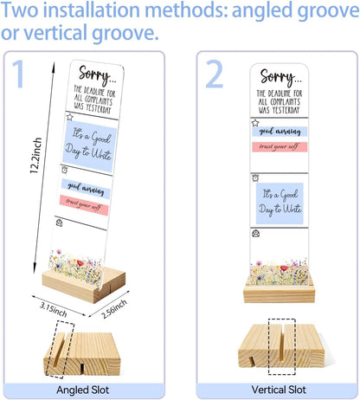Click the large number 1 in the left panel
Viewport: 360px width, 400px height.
(18, 74)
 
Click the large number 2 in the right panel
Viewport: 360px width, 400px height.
(215, 74)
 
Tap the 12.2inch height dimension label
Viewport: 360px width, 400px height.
(36, 155)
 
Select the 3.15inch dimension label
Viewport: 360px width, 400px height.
(54, 309)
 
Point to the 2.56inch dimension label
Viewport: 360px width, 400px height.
(114, 308)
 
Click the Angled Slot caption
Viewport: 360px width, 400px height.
(83, 390)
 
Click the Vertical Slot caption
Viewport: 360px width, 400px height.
(279, 390)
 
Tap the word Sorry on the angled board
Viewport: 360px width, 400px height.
(95, 75)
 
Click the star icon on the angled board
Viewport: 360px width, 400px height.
(69, 117)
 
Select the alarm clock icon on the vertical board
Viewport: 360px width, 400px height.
(255, 177)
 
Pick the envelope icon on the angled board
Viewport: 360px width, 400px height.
(59, 223)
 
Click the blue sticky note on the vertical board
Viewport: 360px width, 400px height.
(280, 203)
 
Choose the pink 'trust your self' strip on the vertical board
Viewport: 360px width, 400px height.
(280, 146)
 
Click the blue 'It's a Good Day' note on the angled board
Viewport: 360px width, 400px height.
(89, 146)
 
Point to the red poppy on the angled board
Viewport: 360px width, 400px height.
(80, 263)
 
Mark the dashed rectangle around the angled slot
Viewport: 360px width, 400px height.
(61, 349)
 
